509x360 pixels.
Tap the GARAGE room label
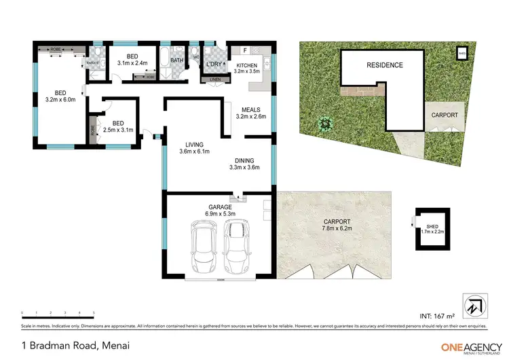pos(220,206)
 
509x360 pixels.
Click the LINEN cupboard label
pos(215,80)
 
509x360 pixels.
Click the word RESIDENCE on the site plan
pos(385,65)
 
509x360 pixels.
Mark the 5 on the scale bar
pos(94,313)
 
